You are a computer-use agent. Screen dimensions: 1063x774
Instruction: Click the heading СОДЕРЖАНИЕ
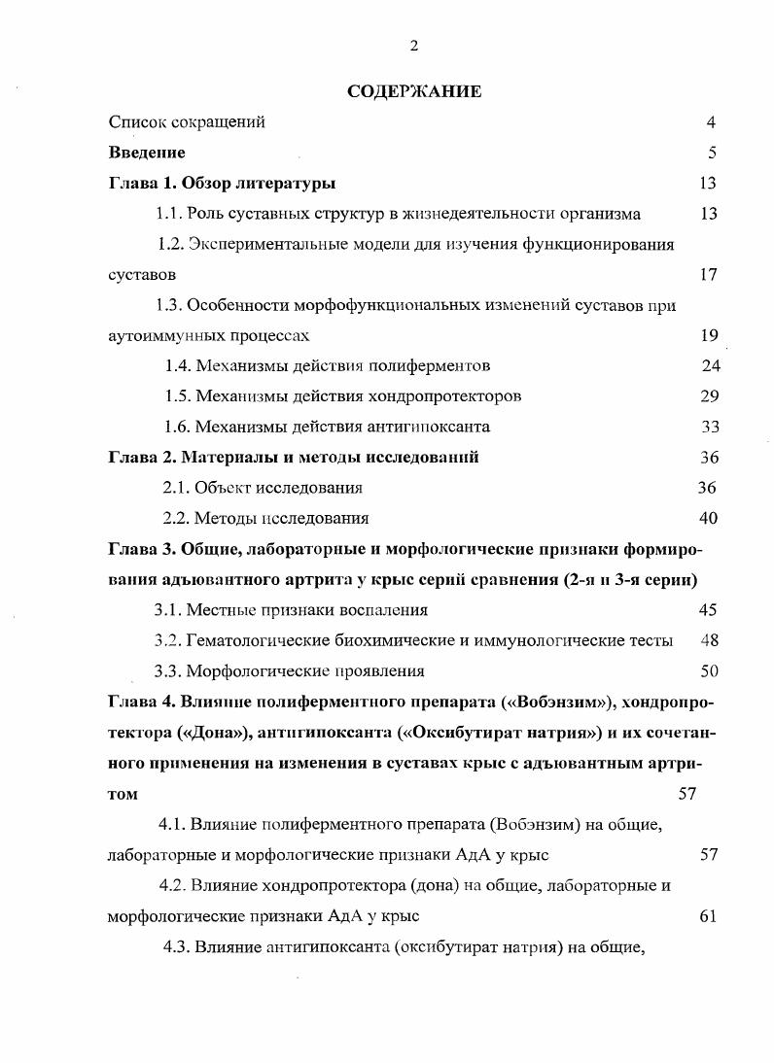(414, 92)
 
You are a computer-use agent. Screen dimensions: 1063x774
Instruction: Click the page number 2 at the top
(414, 46)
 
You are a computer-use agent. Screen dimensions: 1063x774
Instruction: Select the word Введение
(147, 153)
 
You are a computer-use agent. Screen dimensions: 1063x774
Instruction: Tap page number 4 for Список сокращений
(711, 122)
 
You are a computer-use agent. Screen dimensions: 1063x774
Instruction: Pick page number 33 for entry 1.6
(710, 427)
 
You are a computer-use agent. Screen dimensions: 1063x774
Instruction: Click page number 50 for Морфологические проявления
(709, 670)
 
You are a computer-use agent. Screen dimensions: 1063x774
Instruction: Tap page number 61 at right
(708, 915)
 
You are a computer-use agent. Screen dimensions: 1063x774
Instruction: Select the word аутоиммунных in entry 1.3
(159, 336)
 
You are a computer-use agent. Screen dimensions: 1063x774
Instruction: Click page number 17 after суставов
(708, 275)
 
